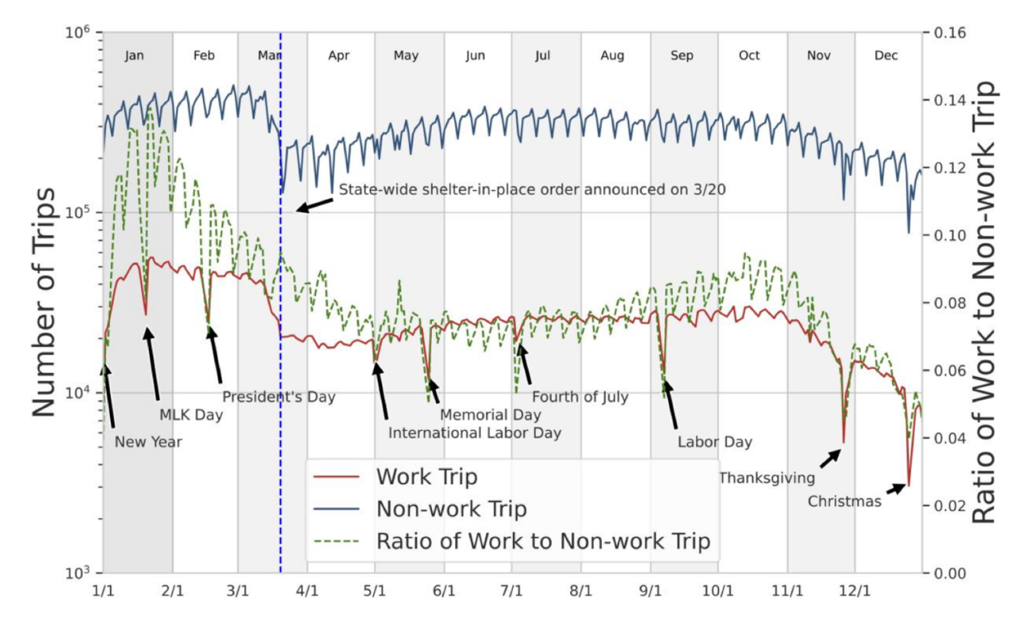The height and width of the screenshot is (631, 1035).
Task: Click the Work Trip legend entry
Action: pos(427,478)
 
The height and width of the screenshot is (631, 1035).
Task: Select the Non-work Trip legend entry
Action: pos(451,509)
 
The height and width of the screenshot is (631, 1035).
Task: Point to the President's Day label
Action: pos(279,397)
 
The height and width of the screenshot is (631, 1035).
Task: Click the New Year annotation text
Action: pos(148,441)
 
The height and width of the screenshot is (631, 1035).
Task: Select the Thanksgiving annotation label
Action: pos(767,478)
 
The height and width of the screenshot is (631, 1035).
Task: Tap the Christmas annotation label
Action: pos(844,501)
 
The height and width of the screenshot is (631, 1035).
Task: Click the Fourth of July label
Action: pos(580,397)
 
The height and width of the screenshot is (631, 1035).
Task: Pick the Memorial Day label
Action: pos(491,415)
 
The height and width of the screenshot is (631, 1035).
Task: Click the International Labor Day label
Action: pos(475,433)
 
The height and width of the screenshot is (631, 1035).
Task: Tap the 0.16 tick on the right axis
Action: pos(945,33)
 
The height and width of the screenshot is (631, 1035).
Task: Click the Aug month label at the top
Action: pos(612,56)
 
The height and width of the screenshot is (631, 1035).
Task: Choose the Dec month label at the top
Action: pos(886,56)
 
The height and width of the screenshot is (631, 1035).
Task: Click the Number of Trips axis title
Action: pos(44,302)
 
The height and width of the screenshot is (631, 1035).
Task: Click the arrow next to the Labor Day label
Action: pos(671,405)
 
